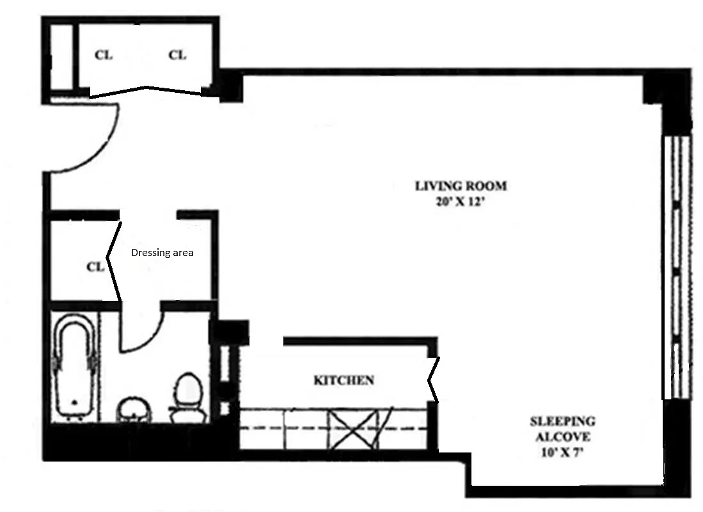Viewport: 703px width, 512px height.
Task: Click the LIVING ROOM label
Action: [x=461, y=186]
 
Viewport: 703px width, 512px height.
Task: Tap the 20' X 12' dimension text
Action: [x=461, y=202]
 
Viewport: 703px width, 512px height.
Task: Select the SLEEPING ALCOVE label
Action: [x=563, y=429]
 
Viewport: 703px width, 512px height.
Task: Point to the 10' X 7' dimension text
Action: [x=562, y=452]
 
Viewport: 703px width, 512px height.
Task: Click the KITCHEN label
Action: [x=344, y=381]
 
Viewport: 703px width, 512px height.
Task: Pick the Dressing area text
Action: [x=162, y=253]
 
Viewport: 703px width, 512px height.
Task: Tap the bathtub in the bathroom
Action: [x=75, y=366]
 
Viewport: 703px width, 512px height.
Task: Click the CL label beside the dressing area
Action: [x=95, y=267]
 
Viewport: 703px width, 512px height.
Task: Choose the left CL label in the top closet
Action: [x=104, y=55]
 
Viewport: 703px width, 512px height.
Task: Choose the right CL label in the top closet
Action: [x=177, y=55]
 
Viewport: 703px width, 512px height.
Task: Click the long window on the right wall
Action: [x=677, y=267]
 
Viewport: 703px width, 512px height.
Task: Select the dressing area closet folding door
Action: [x=113, y=260]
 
